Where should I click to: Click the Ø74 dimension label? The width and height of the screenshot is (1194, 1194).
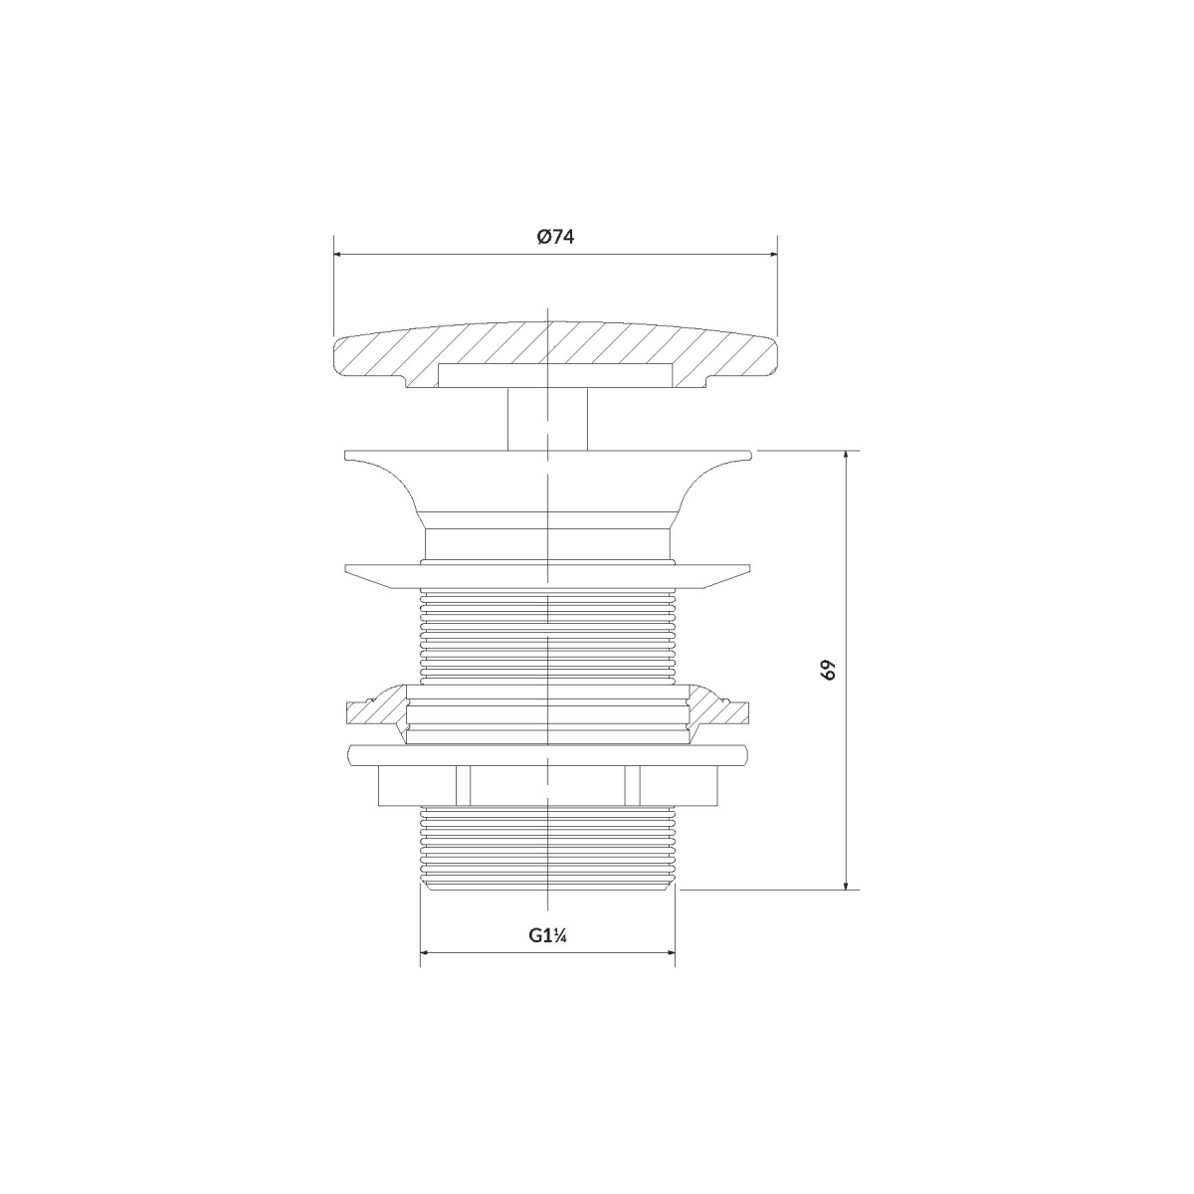554,237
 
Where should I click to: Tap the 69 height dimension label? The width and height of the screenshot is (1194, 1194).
829,670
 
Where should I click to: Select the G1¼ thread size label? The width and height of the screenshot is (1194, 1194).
548,935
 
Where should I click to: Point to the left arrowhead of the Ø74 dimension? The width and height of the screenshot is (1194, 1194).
338,254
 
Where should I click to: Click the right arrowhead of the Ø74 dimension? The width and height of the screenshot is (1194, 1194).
772,254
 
